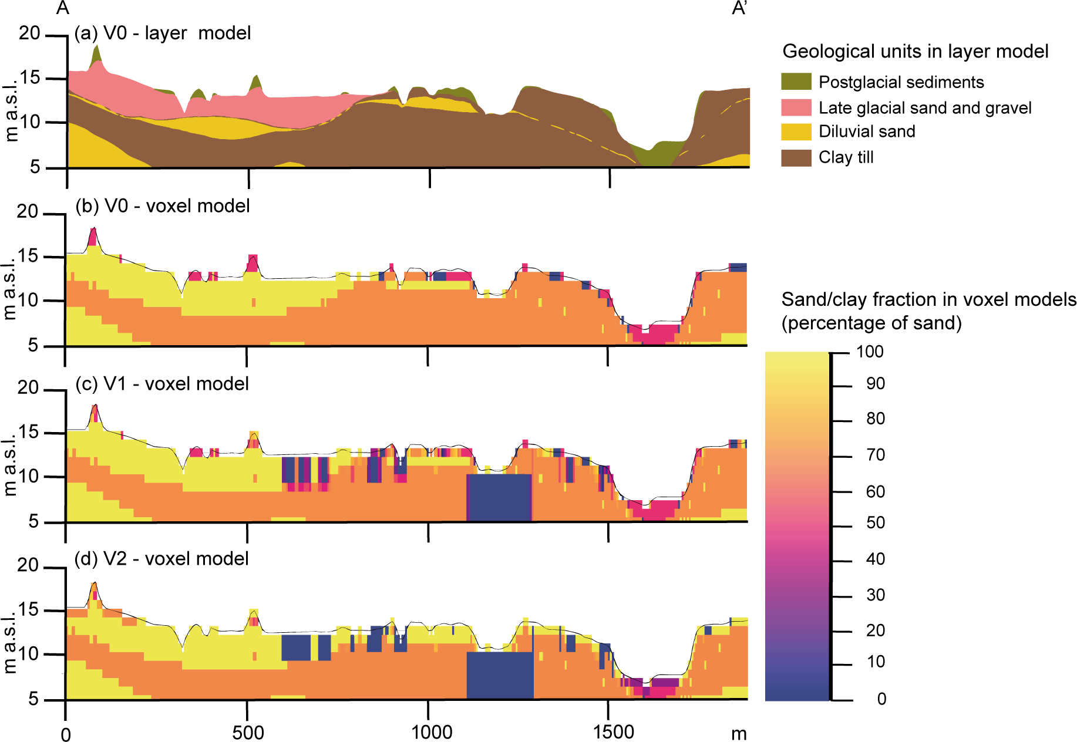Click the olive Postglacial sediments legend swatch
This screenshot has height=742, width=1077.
796,82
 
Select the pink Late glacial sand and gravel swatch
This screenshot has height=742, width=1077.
796,107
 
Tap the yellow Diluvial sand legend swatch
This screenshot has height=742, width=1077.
796,131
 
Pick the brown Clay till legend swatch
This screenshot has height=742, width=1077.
796,157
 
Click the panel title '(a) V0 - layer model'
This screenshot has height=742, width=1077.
163,33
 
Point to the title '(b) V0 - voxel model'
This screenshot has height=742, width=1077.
163,206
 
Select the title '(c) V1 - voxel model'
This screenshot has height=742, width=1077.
162,384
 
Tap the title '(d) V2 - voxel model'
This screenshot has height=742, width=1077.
161,559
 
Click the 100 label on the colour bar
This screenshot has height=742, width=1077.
870,352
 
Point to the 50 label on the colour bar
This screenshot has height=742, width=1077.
875,523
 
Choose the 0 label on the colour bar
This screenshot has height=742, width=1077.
881,699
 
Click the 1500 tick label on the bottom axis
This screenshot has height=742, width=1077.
614,732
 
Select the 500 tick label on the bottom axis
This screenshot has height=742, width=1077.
248,732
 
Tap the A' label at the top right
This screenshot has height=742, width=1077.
739,8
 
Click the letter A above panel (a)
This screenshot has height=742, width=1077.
63,8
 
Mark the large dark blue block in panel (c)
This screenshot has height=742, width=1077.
499,497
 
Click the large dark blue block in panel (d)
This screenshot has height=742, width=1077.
500,675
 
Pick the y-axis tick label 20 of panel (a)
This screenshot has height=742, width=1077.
29,33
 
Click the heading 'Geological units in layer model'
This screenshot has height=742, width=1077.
915,52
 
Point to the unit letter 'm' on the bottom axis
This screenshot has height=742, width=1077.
739,734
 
